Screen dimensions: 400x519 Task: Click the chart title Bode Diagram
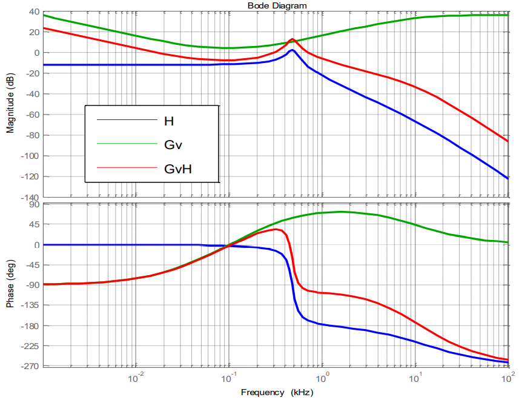277,5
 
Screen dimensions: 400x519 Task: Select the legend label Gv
173,145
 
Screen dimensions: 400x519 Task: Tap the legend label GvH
178,168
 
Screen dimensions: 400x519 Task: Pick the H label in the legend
169,121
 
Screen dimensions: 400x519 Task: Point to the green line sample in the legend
127,144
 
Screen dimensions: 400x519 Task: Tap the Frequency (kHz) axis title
277,392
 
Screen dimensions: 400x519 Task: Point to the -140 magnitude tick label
30,198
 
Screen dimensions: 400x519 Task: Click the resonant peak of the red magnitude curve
292,39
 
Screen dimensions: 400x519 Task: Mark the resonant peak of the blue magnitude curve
292,50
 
